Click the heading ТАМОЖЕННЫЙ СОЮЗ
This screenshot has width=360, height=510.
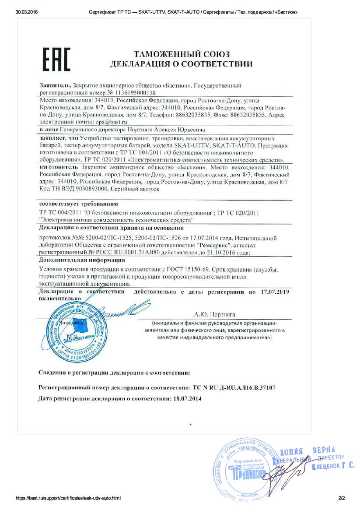[182, 54]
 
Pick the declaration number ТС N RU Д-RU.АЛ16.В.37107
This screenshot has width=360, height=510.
[234, 387]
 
